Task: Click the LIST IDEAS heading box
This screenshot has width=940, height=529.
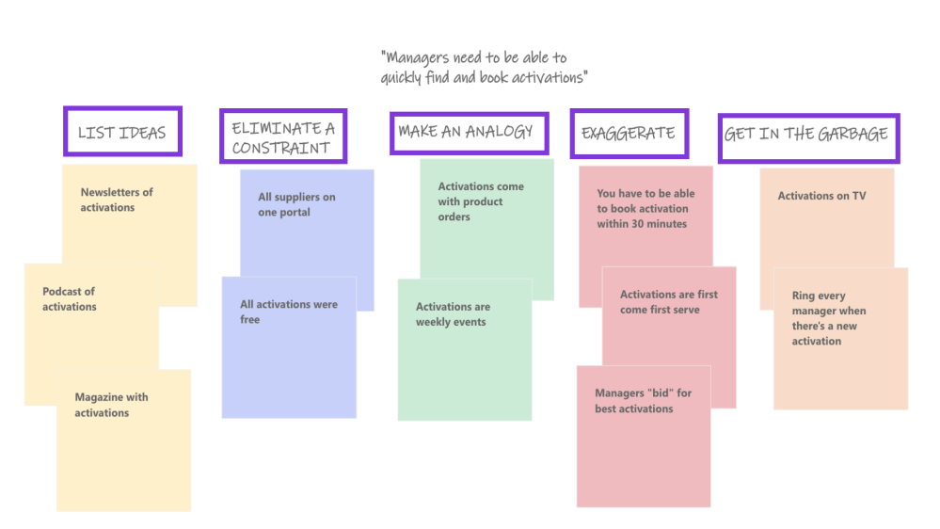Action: [121, 132]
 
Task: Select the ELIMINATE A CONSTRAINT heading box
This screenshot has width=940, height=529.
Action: [282, 137]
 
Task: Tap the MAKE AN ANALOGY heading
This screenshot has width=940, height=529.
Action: [466, 132]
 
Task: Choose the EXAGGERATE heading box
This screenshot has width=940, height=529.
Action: [628, 133]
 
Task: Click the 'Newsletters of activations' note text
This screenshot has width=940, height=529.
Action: [117, 200]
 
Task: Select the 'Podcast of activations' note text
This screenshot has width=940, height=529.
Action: [70, 299]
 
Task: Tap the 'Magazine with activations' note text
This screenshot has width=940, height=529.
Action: [111, 405]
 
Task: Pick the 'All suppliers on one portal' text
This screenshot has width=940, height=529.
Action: [296, 204]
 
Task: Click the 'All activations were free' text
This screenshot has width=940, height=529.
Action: [288, 312]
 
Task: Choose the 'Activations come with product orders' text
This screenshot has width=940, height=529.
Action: [481, 201]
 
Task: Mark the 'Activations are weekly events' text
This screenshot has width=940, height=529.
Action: [453, 314]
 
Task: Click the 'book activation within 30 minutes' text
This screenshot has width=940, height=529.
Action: [645, 209]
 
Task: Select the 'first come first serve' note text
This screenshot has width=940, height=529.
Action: [668, 302]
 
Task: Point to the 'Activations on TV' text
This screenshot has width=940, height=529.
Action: [821, 196]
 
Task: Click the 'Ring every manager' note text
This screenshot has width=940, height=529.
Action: [829, 318]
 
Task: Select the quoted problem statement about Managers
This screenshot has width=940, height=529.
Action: [484, 68]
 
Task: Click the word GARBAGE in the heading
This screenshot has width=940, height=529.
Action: [852, 134]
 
